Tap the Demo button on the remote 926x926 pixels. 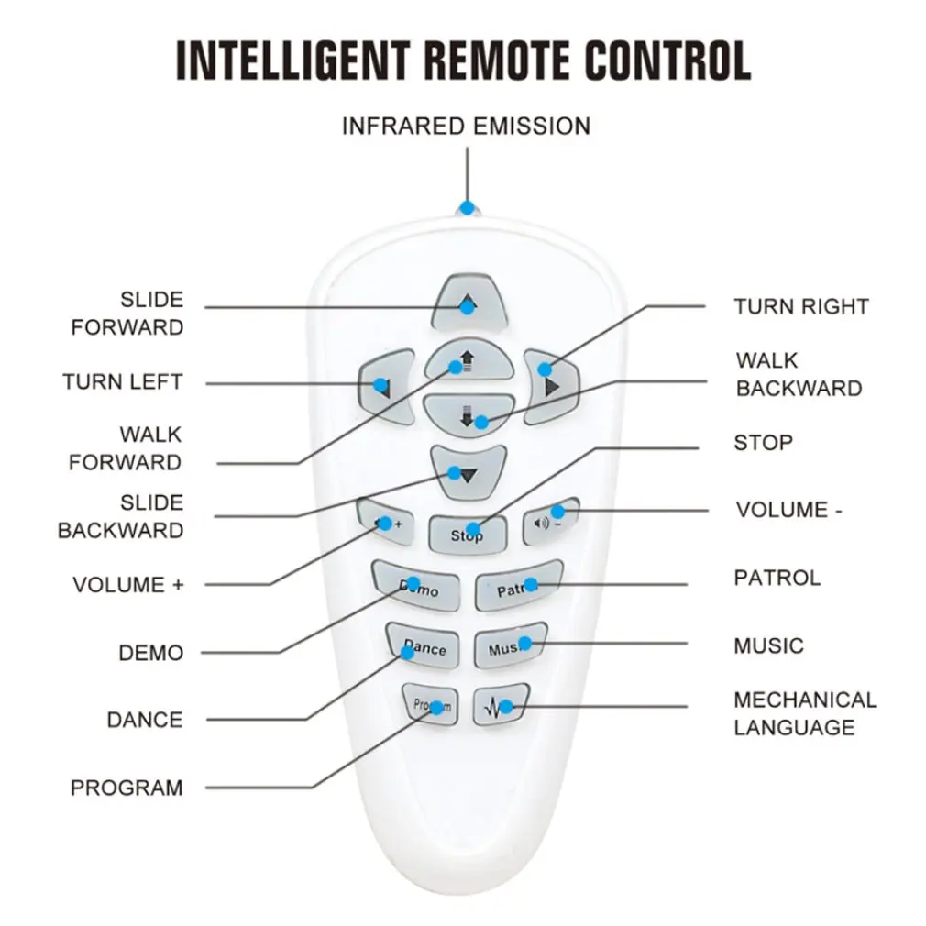coord(416,586)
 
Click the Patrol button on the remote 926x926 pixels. coord(519,585)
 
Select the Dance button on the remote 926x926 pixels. coord(423,646)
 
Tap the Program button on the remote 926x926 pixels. coord(431,705)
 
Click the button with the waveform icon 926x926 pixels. coord(501,704)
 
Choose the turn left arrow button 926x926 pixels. coord(388,386)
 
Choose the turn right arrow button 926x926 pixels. coord(551,386)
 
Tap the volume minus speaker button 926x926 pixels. coord(550,521)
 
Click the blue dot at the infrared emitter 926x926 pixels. coord(468,208)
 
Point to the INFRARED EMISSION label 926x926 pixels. coord(466,127)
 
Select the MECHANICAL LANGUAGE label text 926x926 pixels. coord(805,713)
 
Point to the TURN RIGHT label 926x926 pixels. coord(801,306)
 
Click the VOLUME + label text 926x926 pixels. coord(128,585)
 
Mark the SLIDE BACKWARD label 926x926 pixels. coord(120,516)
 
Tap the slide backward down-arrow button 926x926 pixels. coord(469,472)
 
